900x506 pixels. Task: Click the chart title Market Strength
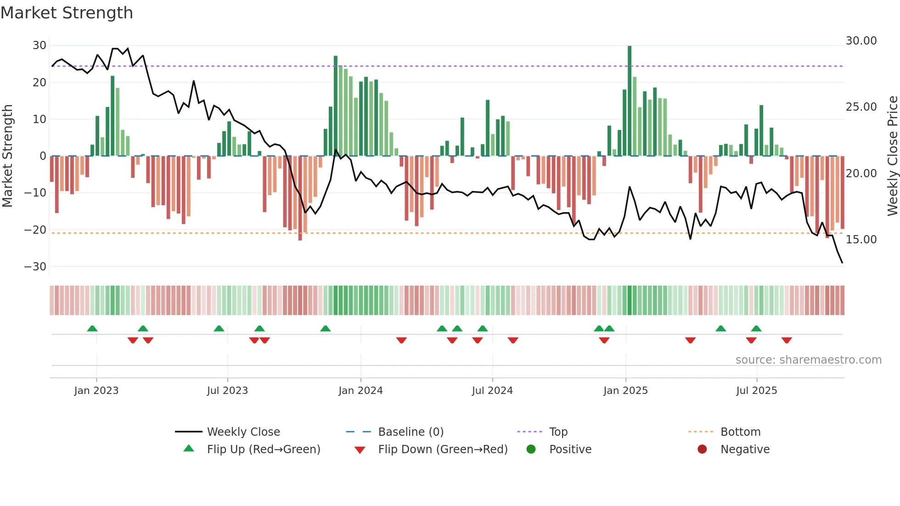click(67, 13)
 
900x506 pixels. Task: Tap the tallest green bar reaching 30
click(630, 101)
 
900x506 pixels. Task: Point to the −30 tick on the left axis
click(35, 267)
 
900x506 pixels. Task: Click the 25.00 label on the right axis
click(861, 107)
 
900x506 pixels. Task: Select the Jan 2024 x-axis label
click(360, 391)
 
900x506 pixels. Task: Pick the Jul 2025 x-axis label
click(756, 391)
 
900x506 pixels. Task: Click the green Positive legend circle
click(531, 450)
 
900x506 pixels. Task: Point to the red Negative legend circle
click(702, 450)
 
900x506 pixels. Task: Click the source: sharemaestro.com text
click(808, 360)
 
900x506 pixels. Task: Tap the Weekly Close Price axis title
click(892, 156)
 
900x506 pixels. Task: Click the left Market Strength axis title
click(8, 156)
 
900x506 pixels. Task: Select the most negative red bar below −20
click(300, 198)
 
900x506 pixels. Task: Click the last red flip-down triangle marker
click(787, 340)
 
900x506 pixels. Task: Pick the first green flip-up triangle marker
click(92, 328)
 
